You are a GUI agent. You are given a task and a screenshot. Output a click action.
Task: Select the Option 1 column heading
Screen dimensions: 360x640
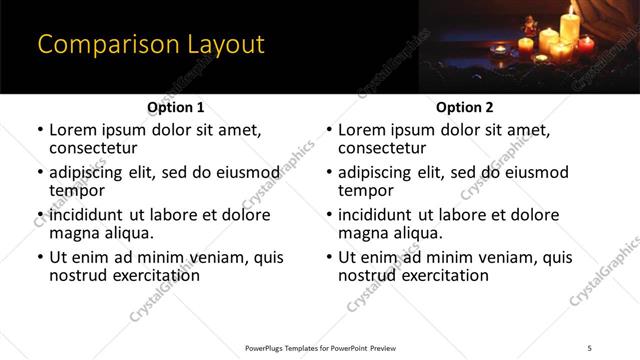175,107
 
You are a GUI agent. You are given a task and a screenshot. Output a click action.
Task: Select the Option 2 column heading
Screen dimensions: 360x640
464,107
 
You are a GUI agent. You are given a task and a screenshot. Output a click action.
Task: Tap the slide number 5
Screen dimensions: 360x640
590,347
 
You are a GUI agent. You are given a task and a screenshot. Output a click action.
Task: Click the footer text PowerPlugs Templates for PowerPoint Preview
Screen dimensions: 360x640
321,347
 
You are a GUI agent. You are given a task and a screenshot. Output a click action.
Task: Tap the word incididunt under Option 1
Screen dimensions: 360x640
88,214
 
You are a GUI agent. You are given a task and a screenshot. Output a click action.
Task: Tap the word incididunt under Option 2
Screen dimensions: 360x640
377,214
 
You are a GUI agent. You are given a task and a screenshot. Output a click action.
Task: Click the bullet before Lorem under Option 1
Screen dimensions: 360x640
39,130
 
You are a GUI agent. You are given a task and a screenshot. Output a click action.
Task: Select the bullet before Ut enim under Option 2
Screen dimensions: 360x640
328,257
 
